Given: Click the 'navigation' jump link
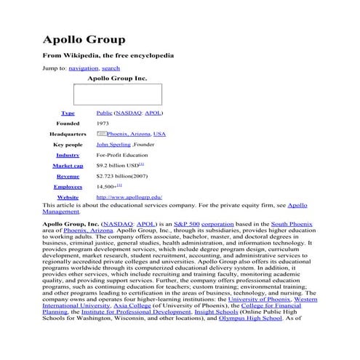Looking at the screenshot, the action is click(x=83, y=68).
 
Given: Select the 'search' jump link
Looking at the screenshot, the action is click(x=111, y=68).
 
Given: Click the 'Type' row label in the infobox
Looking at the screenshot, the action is click(x=68, y=113).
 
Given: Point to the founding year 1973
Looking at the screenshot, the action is click(x=103, y=124).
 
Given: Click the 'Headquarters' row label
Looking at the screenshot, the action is click(x=68, y=135).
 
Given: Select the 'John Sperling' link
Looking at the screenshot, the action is click(x=113, y=145).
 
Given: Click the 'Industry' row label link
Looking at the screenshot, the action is click(x=68, y=155).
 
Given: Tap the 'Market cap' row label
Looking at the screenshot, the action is click(x=68, y=166).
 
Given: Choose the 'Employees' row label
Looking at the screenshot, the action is click(x=68, y=187).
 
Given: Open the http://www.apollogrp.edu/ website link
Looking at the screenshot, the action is click(x=129, y=197).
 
